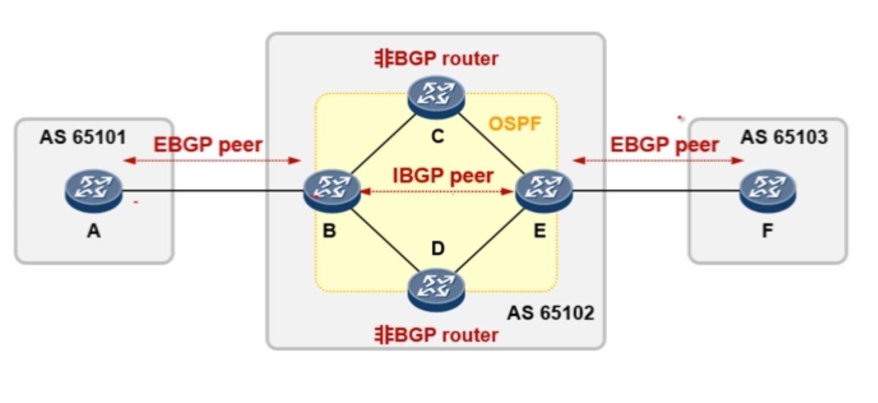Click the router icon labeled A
point(93,190)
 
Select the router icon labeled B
point(332,190)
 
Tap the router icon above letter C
point(436,97)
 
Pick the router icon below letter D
point(436,290)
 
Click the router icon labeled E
point(544,190)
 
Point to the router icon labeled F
point(768,190)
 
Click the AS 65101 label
point(83,137)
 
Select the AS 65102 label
point(550,313)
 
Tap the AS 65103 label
point(784,137)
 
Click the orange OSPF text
point(514,124)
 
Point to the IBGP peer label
point(443,175)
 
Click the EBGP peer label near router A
point(208,145)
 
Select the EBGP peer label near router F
point(665,145)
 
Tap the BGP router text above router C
point(436,58)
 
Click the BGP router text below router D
point(436,335)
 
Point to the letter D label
point(438,248)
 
